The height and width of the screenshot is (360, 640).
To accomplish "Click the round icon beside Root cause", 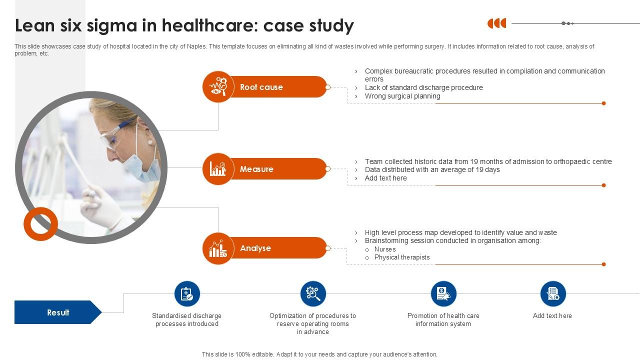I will pyautogui.click(x=218, y=87).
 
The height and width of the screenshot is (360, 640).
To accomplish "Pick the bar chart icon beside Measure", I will pyautogui.click(x=218, y=169).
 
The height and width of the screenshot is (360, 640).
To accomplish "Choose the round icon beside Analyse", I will pyautogui.click(x=218, y=248).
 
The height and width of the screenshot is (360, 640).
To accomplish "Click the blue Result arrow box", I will pyautogui.click(x=58, y=312).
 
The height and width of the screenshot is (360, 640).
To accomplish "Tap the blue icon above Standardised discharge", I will pyautogui.click(x=187, y=294).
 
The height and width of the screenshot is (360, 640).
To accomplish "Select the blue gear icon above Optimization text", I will pyautogui.click(x=313, y=294).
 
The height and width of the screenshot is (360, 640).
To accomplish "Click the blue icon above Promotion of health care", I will pyautogui.click(x=443, y=294).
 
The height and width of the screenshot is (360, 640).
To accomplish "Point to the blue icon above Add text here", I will pyautogui.click(x=553, y=294).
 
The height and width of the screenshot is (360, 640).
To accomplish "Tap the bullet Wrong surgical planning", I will pyautogui.click(x=402, y=96).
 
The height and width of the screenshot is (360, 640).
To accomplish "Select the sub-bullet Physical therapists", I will pyautogui.click(x=401, y=257).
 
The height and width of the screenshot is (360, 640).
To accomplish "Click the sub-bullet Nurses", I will pyautogui.click(x=384, y=249).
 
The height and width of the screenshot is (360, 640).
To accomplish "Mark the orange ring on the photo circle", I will pyautogui.click(x=40, y=223).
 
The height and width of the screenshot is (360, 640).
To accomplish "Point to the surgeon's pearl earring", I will pyautogui.click(x=149, y=142).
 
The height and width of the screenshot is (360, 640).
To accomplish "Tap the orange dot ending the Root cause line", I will pyautogui.click(x=603, y=103).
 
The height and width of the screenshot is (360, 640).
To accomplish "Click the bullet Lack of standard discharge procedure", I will pyautogui.click(x=423, y=87).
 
